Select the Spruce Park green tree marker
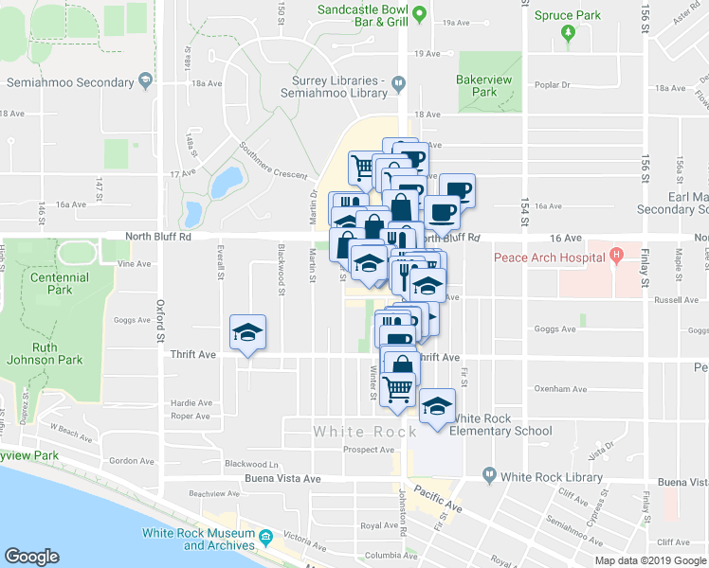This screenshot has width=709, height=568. tap(569, 35)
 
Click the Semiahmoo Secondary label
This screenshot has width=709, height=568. tap(69, 80)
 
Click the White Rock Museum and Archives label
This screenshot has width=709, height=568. tap(197, 539)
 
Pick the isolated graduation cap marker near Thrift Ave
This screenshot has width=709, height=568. tap(248, 332)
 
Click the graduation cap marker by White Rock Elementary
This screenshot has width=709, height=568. tap(437, 407)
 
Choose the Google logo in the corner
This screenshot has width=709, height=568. tap(31, 557)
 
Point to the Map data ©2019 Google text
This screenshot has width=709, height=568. tap(650, 560)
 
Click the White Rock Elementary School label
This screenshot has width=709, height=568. tap(500, 424)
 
